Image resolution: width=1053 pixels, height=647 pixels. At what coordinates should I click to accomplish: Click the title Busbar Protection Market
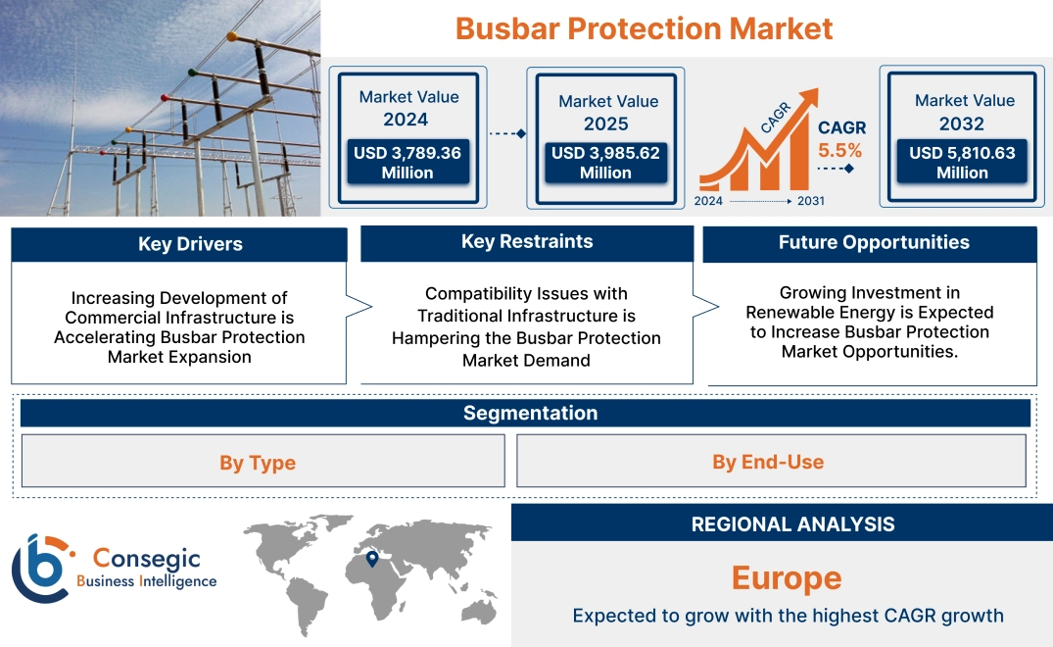click(x=644, y=28)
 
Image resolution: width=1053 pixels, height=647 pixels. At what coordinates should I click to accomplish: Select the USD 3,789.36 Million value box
click(x=407, y=163)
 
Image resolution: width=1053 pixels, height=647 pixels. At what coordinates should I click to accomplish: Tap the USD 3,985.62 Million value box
click(x=605, y=163)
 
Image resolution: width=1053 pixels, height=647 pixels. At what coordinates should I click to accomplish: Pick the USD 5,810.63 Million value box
click(x=962, y=163)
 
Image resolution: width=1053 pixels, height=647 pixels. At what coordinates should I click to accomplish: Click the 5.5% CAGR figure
click(x=839, y=151)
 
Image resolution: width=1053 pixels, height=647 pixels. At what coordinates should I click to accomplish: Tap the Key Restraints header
click(x=527, y=242)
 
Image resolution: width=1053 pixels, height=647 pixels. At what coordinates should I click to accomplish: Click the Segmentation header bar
click(x=530, y=413)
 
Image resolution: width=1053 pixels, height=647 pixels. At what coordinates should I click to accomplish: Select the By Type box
click(x=258, y=463)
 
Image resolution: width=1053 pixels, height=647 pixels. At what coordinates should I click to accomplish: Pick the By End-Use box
click(x=768, y=462)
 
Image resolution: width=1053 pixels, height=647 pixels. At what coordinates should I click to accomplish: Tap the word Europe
click(x=787, y=577)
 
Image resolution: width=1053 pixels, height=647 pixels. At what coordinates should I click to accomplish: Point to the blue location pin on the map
click(x=372, y=559)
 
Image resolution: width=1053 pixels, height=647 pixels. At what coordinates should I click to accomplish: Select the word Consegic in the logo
click(x=146, y=558)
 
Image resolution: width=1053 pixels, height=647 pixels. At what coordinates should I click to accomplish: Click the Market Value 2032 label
click(x=964, y=112)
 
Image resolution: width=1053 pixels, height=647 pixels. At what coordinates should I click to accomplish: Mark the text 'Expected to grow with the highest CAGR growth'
click(x=788, y=616)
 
